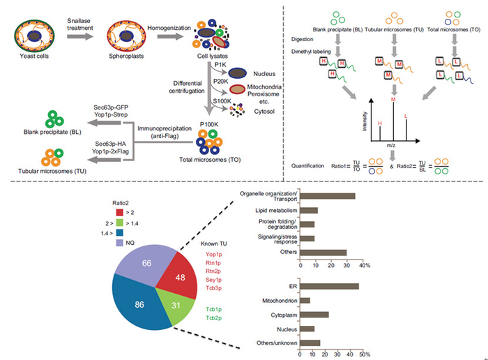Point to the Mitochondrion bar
(305, 301)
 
